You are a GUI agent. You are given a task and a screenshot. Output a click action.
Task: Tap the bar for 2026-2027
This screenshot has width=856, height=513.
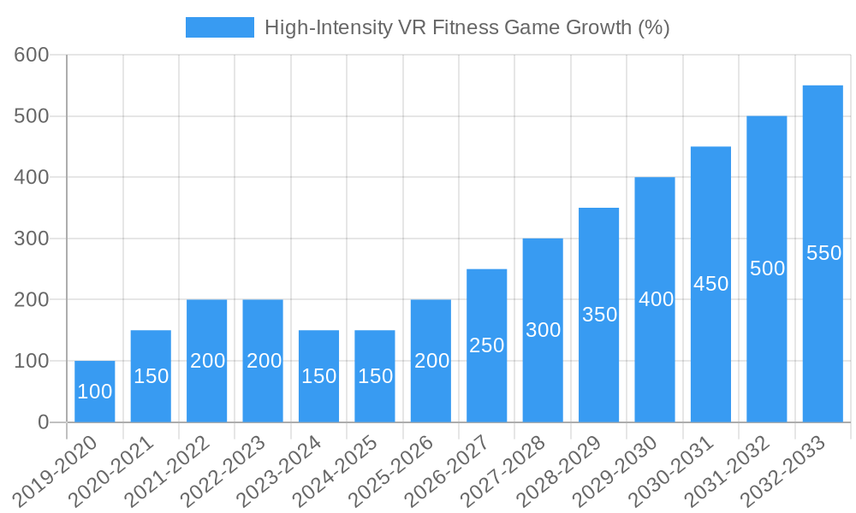pyautogui.click(x=486, y=345)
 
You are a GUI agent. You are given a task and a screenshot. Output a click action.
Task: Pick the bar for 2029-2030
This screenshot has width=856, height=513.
pyautogui.click(x=655, y=299)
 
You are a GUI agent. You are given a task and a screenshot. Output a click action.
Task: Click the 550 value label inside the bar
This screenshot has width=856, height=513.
pyautogui.click(x=823, y=253)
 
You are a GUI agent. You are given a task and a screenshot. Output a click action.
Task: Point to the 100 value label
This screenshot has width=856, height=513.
pyautogui.click(x=94, y=392)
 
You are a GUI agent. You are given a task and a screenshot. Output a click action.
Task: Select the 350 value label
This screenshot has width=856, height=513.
pyautogui.click(x=599, y=315)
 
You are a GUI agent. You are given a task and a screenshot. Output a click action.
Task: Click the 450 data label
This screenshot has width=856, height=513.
pyautogui.click(x=710, y=284)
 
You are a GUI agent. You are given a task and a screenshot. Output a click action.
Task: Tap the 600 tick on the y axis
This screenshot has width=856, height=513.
pyautogui.click(x=32, y=55)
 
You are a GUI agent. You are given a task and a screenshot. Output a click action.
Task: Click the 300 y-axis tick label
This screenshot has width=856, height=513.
pyautogui.click(x=32, y=239)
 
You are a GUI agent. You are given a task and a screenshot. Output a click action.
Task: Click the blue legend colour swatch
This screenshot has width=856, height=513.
pyautogui.click(x=220, y=27)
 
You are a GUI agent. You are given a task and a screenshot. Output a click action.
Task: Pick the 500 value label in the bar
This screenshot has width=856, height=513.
pyautogui.click(x=767, y=268)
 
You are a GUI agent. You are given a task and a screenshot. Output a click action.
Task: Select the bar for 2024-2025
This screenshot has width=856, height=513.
pyautogui.click(x=375, y=376)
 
